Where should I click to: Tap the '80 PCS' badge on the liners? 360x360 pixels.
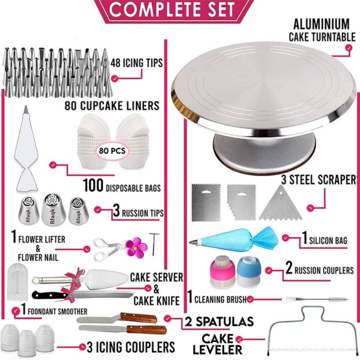[x=112, y=150]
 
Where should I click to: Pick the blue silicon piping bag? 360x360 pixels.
[x=235, y=238]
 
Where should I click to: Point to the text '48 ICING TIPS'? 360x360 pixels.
[x=136, y=62]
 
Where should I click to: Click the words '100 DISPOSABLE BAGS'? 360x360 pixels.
[x=121, y=185]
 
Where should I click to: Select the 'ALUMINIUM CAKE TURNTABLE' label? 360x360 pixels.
[x=322, y=30]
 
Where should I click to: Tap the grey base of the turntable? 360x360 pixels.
[x=264, y=149]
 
